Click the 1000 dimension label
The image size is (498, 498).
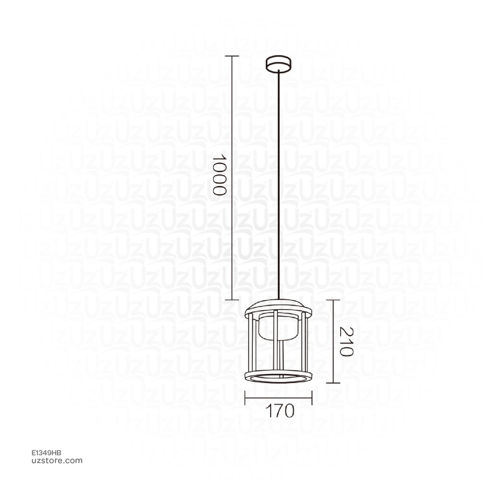[220, 175]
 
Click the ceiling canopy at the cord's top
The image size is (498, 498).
[278, 64]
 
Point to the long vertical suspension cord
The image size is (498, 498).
[278, 185]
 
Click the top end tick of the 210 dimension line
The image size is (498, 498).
[333, 300]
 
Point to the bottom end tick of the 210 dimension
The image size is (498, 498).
[333, 383]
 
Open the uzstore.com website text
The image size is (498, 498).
[56, 461]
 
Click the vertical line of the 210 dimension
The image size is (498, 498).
[333, 340]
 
